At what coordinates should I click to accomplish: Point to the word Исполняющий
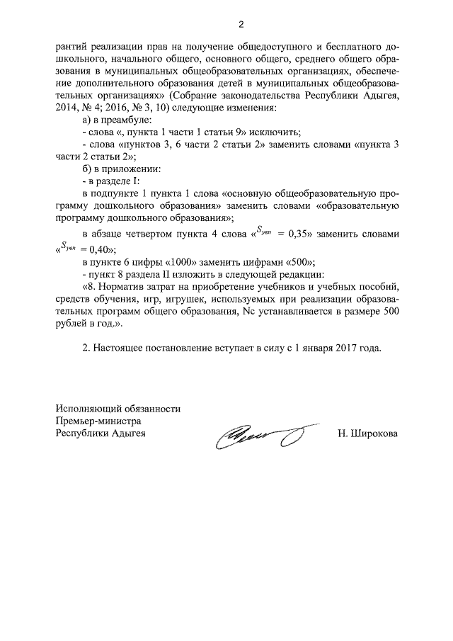(x=85, y=409)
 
